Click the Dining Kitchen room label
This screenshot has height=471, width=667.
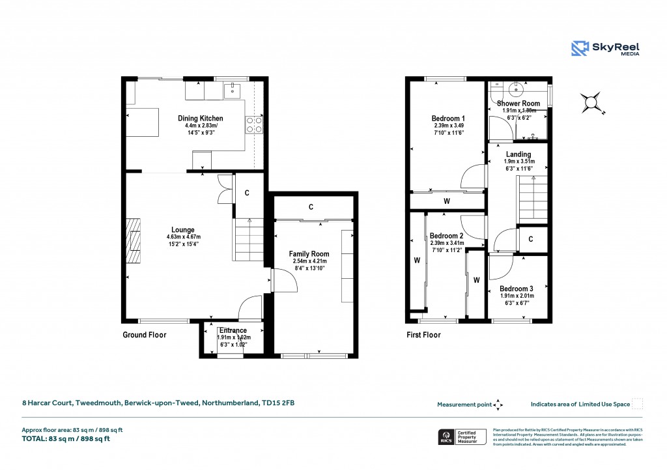coord(201,119)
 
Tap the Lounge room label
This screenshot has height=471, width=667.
coord(183,230)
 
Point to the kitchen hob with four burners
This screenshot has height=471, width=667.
coord(253,124)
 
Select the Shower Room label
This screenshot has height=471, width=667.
coord(518,104)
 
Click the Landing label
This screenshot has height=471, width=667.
coord(518,154)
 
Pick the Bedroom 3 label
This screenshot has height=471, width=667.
coord(517,289)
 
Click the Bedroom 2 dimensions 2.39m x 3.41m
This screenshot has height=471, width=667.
coord(446,244)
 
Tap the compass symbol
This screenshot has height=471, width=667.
coord(591,102)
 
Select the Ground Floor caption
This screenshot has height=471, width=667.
coord(145,335)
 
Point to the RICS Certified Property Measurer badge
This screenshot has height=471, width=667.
coord(461,436)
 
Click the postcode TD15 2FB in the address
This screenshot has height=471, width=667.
coord(279,404)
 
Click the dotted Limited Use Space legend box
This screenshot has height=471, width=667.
coord(638,404)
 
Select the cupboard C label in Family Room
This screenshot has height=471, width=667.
coord(311,207)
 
